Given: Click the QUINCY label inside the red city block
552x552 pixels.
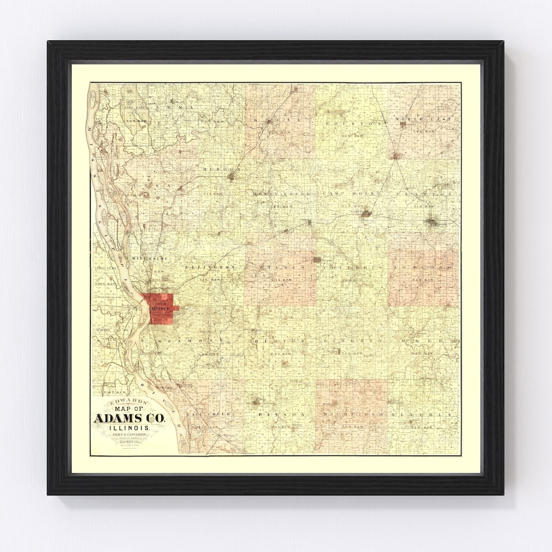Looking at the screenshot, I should click(x=160, y=309).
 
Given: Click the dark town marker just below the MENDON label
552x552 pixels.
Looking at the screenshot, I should click(x=231, y=177).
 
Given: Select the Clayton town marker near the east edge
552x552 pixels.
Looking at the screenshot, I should click(x=431, y=222).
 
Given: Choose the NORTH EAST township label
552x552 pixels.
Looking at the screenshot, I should click(x=423, y=119).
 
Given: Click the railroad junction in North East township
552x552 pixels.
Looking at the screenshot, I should click(x=396, y=155).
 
